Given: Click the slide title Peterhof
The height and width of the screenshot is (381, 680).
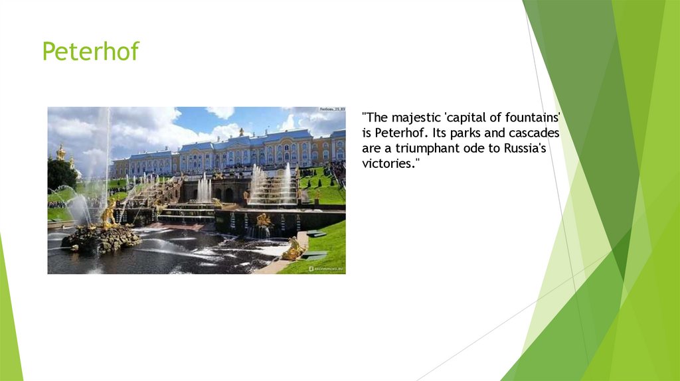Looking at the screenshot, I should [x=90, y=51].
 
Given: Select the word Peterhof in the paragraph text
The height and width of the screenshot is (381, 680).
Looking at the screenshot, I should [x=399, y=133].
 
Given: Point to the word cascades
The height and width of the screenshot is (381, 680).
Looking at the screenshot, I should [x=535, y=133].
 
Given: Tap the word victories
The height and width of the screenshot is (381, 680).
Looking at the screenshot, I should [x=390, y=164].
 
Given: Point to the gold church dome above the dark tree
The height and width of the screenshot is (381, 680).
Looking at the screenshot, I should [x=61, y=153].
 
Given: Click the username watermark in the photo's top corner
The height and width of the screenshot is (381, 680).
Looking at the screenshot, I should [x=331, y=110].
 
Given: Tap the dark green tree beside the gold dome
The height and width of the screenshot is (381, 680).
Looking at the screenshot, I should [x=61, y=174].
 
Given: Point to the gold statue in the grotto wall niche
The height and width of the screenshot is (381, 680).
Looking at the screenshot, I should [x=263, y=220].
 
